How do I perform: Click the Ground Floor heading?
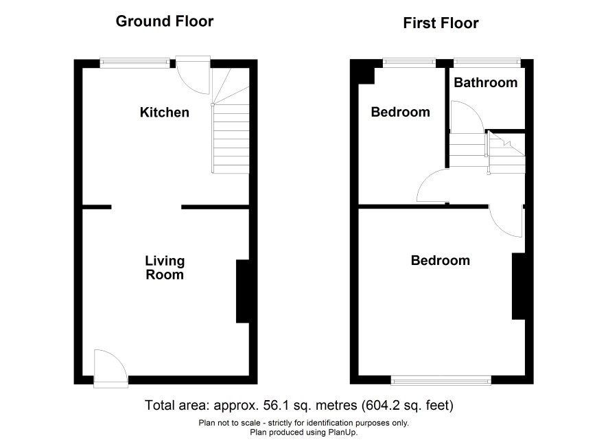point(165,21)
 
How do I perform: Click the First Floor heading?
point(441,23)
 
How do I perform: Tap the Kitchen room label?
point(165,113)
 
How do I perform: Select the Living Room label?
point(165,268)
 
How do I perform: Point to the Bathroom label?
point(485,82)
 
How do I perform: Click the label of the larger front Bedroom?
point(441,260)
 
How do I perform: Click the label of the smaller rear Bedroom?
point(401,112)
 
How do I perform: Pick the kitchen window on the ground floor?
point(135,63)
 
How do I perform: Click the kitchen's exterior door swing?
point(193,75)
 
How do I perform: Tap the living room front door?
point(111,369)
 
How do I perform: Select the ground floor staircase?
point(231,121)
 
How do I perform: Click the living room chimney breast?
point(243,291)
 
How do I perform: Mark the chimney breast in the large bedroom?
point(518,286)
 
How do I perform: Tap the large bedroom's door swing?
point(506,220)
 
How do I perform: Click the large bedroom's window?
point(441,380)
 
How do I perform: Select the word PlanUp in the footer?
point(344,432)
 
